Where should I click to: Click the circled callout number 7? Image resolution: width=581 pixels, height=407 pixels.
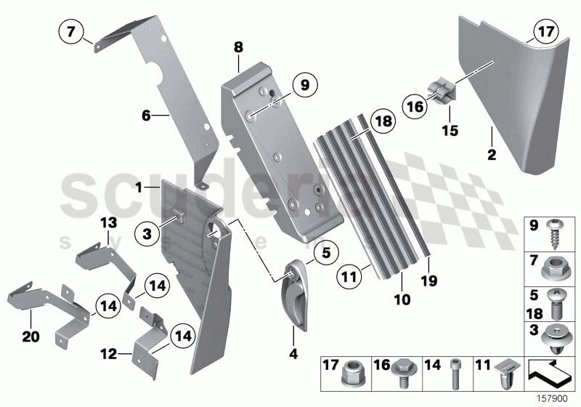coord(70,32)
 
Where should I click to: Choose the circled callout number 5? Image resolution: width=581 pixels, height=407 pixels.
coord(326,253)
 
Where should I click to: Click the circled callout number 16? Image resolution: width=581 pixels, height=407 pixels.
coord(415,108)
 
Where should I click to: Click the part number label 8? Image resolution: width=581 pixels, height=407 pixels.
coord(238,47)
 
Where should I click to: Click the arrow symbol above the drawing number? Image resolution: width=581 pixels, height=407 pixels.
coord(550,372)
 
